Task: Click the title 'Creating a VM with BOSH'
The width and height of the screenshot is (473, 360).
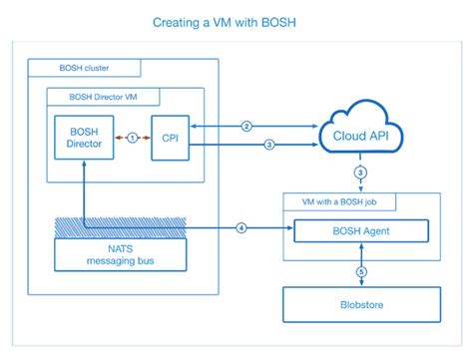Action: [236, 20]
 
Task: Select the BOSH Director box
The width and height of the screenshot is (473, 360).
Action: [85, 134]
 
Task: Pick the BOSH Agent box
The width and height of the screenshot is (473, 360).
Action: [360, 232]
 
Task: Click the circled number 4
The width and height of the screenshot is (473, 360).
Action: [240, 228]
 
